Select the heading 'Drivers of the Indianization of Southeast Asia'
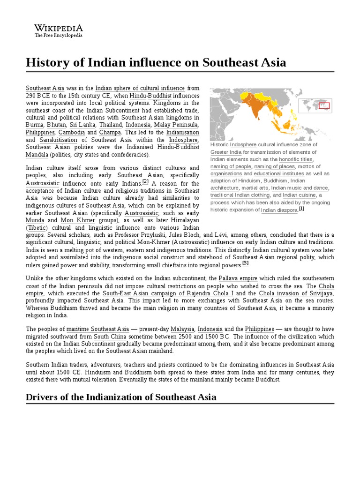tap(121, 397)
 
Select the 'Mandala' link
tap(37, 155)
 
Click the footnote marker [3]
tap(245, 263)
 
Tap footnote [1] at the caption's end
tap(301, 209)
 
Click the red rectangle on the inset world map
tap(324, 105)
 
